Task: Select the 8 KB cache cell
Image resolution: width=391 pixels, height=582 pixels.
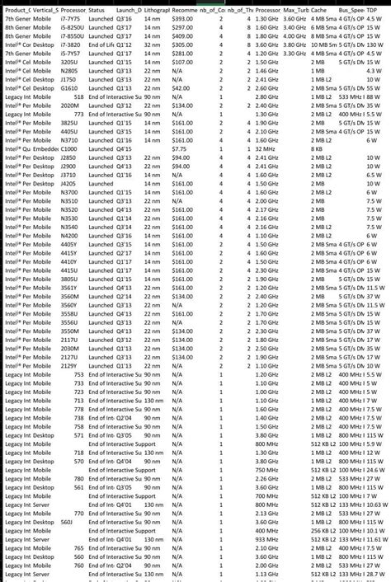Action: pyautogui.click(x=317, y=148)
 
